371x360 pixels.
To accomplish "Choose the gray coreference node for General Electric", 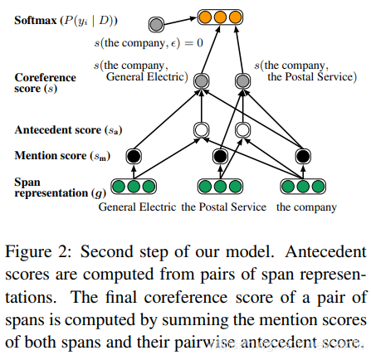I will pos(200,80).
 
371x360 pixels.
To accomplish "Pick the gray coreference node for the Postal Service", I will pos(242,81).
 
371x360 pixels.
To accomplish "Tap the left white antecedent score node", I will pos(200,129).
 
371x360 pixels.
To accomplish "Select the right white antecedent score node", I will pos(242,129).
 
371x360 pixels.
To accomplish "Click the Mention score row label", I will pos(62,154).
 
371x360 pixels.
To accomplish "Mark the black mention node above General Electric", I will pos(132,155).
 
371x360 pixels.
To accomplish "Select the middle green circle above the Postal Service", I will pos(220,187).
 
